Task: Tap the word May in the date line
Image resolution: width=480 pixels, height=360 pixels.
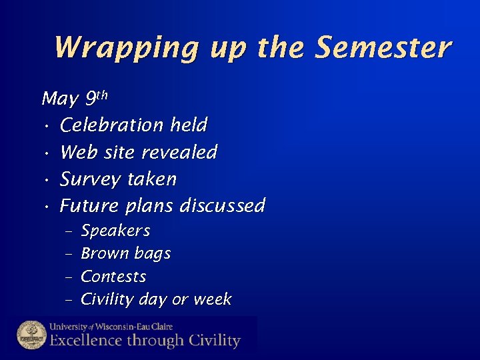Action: pyautogui.click(x=59, y=100)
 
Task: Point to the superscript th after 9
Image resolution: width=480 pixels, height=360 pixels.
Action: pyautogui.click(x=101, y=95)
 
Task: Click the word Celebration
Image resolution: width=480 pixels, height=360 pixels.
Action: pyautogui.click(x=111, y=125)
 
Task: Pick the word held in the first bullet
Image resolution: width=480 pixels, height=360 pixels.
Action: pyautogui.click(x=189, y=125)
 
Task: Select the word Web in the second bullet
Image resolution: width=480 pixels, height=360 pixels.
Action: pyautogui.click(x=75, y=153)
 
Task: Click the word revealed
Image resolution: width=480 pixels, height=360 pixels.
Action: pyautogui.click(x=179, y=153)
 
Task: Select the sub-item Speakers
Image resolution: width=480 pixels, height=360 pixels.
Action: pyautogui.click(x=115, y=231)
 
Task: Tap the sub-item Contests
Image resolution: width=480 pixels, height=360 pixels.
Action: pyautogui.click(x=113, y=277)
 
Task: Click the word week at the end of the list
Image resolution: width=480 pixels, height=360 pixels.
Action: pyautogui.click(x=212, y=300)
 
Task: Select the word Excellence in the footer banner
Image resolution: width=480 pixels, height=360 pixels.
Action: pyautogui.click(x=85, y=341)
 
